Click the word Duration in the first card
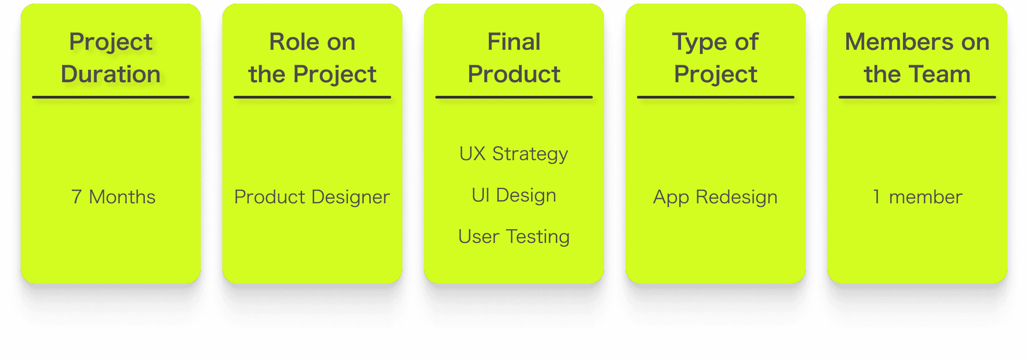[111, 74]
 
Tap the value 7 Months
[113, 197]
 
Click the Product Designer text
[312, 197]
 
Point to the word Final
[514, 42]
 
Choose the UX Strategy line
[514, 154]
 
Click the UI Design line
[514, 195]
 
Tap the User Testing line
[514, 237]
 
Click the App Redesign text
[715, 197]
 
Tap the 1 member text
[917, 197]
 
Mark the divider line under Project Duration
[111, 97]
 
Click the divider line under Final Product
[514, 97]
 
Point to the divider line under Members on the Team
[917, 97]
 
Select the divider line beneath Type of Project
[715, 97]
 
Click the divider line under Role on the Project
[312, 97]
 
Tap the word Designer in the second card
[351, 197]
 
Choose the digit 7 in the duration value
[77, 197]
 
